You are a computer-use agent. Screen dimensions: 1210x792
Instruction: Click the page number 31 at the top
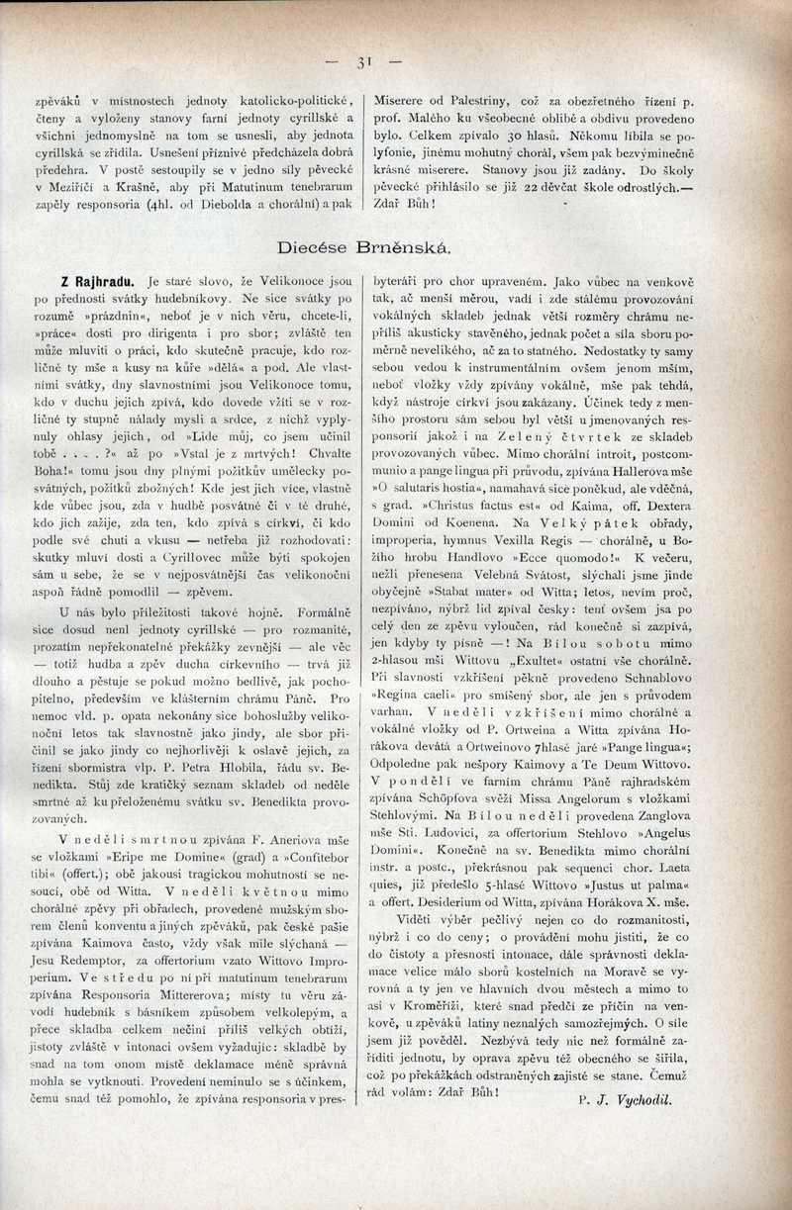tap(363, 61)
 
